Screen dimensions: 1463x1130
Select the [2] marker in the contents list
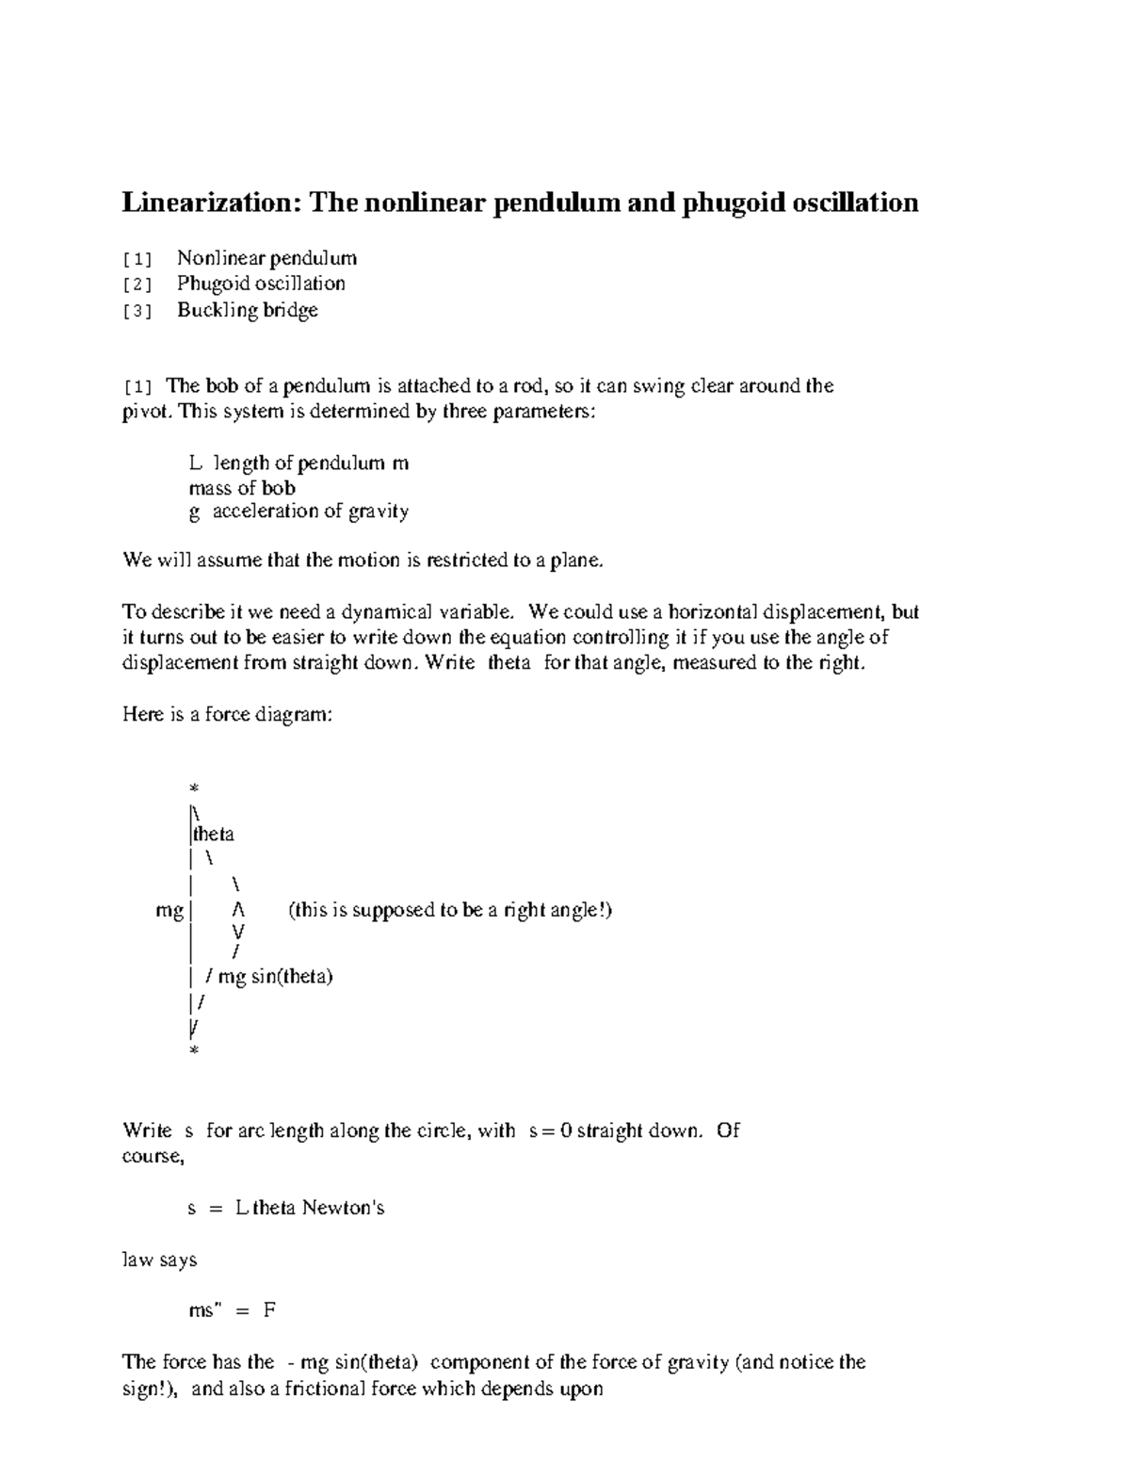click(137, 284)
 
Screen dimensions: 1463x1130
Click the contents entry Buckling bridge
click(248, 310)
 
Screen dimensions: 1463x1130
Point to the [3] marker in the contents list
click(137, 311)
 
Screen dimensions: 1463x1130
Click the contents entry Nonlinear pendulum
click(266, 258)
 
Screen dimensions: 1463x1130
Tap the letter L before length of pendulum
click(195, 463)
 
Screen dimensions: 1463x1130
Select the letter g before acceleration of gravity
click(194, 512)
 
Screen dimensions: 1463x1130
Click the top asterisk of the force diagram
click(194, 788)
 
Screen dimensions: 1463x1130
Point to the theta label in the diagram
click(214, 834)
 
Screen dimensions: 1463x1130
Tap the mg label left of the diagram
click(169, 910)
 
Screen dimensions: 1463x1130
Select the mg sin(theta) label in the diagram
click(275, 976)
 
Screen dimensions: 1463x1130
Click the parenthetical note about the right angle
click(450, 910)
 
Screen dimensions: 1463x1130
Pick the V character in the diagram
click(238, 931)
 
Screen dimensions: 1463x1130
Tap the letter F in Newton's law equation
click(269, 1310)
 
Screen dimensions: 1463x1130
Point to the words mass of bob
click(242, 488)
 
